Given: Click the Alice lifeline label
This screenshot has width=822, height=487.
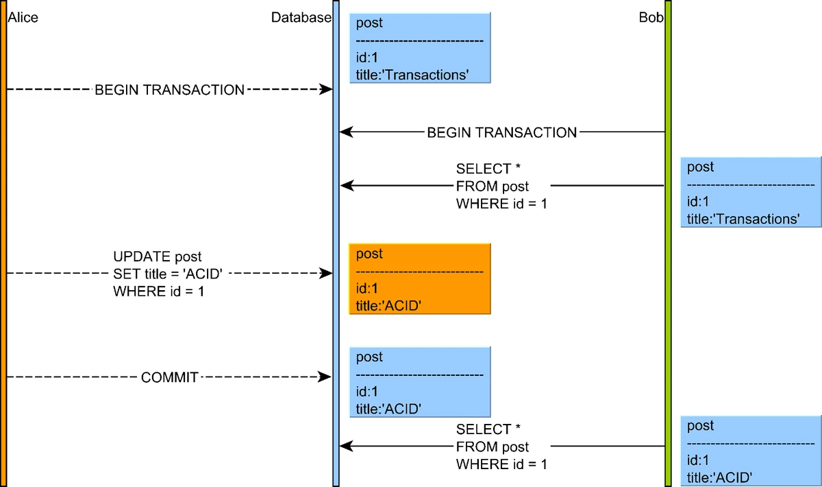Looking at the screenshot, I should click(23, 18).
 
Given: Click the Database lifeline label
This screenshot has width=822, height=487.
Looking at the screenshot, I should click(301, 18).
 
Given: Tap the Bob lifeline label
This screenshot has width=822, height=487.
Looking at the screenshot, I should click(651, 18).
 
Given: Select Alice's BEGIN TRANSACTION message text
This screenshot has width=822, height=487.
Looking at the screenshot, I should click(169, 90).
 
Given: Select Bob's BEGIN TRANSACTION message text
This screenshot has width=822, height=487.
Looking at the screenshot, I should click(501, 132).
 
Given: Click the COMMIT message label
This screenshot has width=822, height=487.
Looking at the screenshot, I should click(169, 377).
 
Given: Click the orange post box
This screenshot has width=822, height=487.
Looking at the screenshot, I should click(420, 278).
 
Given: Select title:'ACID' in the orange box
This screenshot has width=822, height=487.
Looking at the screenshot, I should click(388, 306).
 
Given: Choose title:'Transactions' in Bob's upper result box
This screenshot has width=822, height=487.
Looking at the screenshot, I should click(743, 219).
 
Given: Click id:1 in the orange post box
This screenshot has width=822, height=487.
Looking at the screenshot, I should click(367, 289).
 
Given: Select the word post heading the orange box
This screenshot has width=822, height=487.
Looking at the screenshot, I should click(369, 254).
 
